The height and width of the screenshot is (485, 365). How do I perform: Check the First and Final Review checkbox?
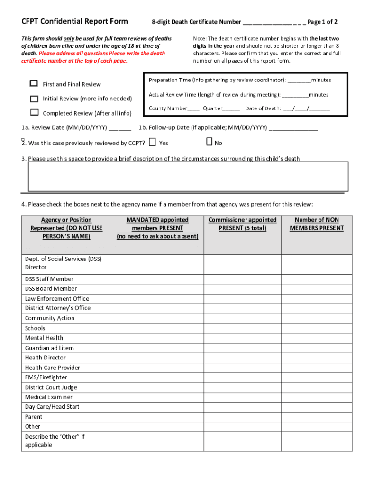click(x=34, y=84)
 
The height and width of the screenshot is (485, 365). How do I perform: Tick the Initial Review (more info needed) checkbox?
click(x=34, y=99)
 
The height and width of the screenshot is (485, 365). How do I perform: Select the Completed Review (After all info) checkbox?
click(x=34, y=113)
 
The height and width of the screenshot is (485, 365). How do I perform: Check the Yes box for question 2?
click(x=152, y=142)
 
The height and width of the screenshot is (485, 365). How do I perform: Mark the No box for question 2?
click(x=209, y=142)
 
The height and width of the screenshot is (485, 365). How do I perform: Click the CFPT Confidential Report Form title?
click(x=74, y=21)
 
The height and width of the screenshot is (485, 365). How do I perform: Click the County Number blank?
click(x=193, y=109)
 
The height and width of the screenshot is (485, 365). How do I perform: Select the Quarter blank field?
click(x=231, y=109)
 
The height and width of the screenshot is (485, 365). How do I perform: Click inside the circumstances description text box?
click(x=188, y=177)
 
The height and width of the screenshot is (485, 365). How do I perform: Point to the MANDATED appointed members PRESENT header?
click(x=157, y=228)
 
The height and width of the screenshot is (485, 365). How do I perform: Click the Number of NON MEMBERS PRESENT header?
click(x=317, y=224)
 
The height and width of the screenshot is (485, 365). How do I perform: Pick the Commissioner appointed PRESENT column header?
click(x=242, y=224)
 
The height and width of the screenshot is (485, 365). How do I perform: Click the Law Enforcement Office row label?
click(x=57, y=299)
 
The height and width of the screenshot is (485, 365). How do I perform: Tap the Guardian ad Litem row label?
click(x=49, y=348)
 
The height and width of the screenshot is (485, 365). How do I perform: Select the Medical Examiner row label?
click(x=49, y=397)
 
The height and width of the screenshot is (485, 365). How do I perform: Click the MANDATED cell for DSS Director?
click(x=157, y=263)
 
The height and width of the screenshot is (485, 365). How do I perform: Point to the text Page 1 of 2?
click(x=322, y=22)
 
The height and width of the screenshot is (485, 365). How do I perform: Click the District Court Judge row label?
click(x=51, y=387)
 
